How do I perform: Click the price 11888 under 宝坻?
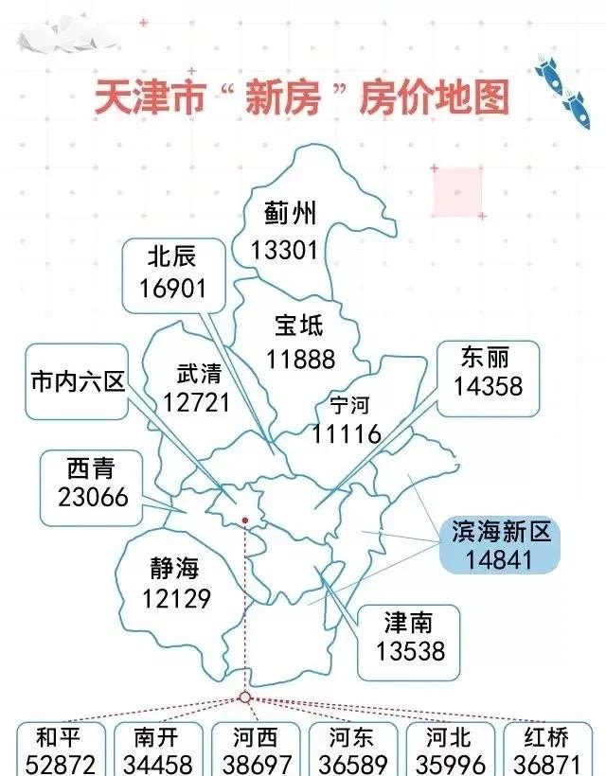pos(300,359)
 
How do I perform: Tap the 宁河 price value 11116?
pos(347,434)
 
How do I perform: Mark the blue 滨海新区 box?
pos(499,545)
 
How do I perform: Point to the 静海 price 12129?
pos(177,598)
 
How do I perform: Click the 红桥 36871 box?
pos(552,750)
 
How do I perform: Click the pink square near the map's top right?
pos(457,191)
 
